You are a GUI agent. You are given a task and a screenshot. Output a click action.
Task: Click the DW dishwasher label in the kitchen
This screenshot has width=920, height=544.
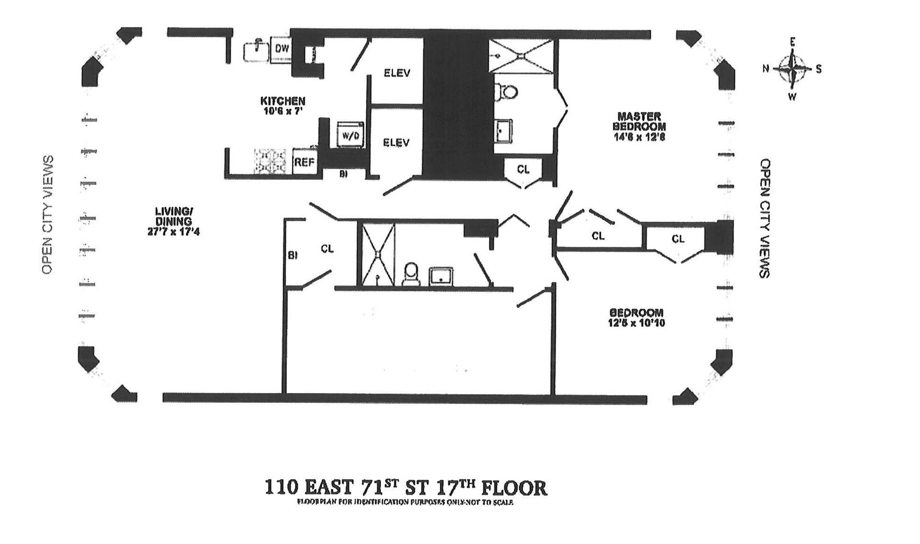282,48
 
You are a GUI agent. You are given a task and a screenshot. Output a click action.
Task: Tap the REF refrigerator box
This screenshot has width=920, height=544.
304,162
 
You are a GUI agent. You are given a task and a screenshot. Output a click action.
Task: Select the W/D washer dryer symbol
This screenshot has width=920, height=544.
350,136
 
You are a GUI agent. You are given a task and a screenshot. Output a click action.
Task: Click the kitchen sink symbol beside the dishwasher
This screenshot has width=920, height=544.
256,50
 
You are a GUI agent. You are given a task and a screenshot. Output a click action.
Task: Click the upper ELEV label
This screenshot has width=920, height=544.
397,73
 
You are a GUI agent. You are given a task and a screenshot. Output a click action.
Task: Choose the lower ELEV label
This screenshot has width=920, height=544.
396,142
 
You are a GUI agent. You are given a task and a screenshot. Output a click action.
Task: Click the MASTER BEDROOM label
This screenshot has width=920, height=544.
639,121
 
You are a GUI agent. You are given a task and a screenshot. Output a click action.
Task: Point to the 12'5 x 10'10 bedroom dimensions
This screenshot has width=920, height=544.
636,323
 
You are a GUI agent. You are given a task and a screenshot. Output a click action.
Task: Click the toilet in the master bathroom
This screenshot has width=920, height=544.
507,92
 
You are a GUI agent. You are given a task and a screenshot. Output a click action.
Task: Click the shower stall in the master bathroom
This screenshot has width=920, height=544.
521,56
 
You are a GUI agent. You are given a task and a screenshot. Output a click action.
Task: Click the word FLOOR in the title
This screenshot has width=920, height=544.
514,488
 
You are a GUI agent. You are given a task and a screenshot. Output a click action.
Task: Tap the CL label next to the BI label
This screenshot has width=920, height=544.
327,249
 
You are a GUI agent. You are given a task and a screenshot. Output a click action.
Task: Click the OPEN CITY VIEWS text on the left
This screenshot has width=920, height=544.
47,215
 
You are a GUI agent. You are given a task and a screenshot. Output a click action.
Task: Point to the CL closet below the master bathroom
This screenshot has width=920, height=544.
523,170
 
